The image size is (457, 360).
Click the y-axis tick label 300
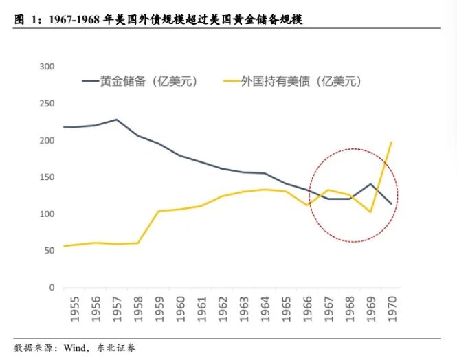tap(47, 67)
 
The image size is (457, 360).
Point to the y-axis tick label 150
tap(47, 177)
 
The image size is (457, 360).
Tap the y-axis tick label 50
tap(49, 251)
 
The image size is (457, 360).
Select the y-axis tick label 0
tap(52, 288)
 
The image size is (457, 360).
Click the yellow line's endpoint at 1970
tap(392, 142)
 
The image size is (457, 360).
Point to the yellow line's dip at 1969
tap(370, 212)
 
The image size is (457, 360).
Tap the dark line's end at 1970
tap(392, 204)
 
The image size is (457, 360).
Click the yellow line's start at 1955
tap(64, 246)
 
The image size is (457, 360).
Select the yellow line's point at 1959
tap(159, 211)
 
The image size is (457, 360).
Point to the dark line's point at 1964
tap(265, 173)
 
